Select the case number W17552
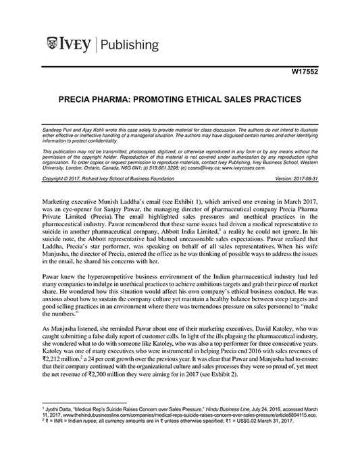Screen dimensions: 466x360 coord(310,71)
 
